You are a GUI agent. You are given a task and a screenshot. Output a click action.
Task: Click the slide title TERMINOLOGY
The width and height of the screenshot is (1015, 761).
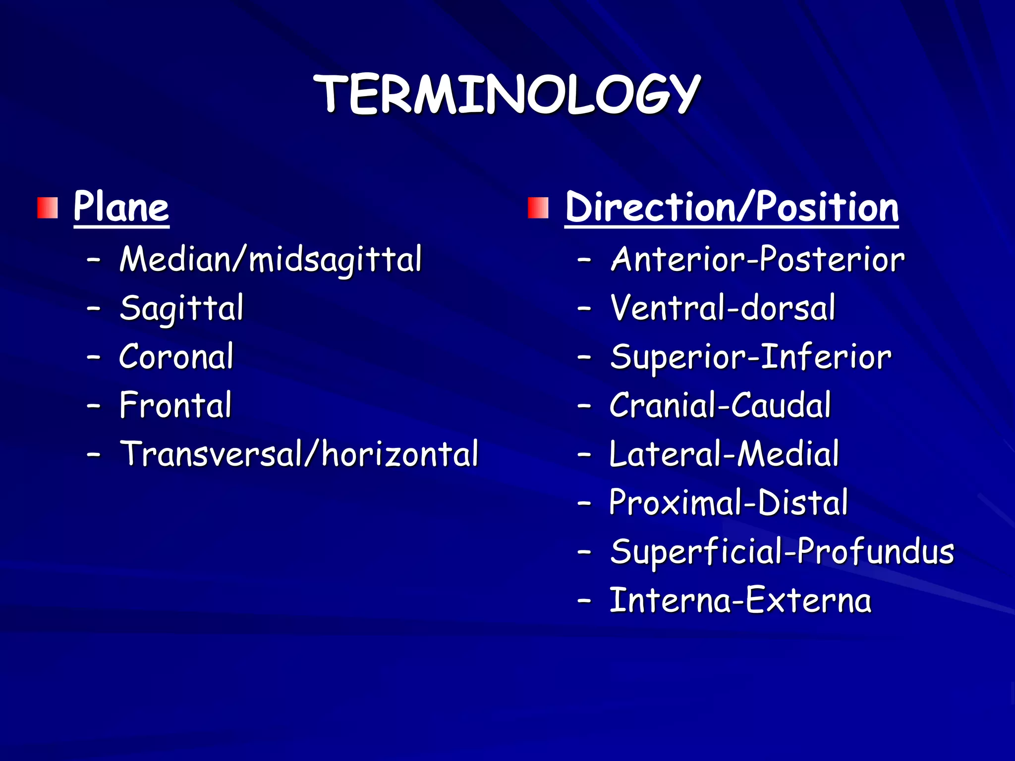(x=507, y=94)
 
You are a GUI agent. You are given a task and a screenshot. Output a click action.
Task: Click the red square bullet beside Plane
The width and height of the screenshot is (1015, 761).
(x=48, y=208)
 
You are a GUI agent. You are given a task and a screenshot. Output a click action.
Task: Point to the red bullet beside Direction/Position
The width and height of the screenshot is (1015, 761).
(x=538, y=208)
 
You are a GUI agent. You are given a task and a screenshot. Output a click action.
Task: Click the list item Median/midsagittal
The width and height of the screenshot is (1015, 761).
(x=271, y=259)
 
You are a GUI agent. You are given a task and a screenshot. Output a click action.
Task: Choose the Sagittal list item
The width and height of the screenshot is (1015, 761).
(x=181, y=308)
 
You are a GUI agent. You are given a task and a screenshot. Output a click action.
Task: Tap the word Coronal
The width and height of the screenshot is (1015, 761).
(x=176, y=356)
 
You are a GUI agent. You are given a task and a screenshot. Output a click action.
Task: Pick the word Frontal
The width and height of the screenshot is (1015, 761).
(x=175, y=405)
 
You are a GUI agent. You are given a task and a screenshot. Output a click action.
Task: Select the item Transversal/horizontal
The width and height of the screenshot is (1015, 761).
(x=299, y=453)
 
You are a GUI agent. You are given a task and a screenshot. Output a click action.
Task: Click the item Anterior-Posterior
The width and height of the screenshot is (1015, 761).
(x=758, y=259)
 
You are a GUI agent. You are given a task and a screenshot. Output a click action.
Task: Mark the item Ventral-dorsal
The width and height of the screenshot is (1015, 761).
(x=723, y=308)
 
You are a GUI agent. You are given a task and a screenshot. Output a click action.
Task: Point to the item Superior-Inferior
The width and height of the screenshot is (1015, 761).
(x=751, y=356)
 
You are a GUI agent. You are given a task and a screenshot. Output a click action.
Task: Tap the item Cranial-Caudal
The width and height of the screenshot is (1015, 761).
(x=720, y=405)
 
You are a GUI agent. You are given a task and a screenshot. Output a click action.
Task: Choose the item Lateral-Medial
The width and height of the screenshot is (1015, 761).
(x=724, y=453)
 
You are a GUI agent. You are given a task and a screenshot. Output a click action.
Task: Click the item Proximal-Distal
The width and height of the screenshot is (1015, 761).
(x=729, y=502)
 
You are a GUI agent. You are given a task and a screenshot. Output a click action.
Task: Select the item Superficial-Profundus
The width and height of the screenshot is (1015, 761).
(x=782, y=551)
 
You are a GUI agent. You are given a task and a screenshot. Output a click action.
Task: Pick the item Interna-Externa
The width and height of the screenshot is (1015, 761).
(x=740, y=600)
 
